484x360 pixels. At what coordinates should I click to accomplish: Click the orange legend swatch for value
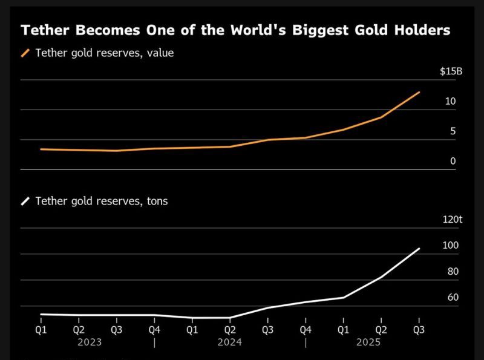25,53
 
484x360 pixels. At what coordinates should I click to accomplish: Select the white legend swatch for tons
25,201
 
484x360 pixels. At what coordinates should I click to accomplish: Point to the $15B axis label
451,71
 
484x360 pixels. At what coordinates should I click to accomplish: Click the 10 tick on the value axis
451,102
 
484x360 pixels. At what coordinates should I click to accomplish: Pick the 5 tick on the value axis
453,131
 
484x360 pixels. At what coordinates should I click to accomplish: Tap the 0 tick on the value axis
453,162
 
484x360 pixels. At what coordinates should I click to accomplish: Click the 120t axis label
452,220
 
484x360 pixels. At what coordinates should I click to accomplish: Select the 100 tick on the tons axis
451,246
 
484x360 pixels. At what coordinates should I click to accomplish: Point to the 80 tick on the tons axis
453,272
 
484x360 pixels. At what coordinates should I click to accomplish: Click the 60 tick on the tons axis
453,298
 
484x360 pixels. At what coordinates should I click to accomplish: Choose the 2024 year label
230,342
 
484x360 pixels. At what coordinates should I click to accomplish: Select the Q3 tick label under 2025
419,330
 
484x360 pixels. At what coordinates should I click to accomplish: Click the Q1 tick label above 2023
41,330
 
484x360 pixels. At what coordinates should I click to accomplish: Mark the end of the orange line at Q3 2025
419,93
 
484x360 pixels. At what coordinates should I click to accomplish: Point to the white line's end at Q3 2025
419,249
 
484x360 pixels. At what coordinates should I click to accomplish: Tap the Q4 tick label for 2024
306,330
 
